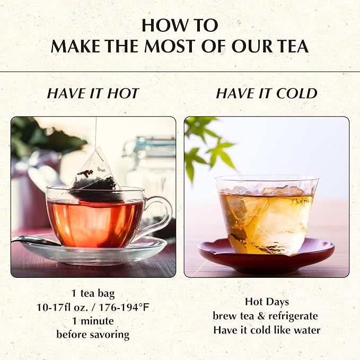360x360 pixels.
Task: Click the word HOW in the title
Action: tap(161, 25)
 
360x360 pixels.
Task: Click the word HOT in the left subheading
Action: tap(124, 93)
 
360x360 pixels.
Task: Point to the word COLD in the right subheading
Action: tap(296, 93)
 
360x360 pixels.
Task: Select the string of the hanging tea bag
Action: tap(96, 132)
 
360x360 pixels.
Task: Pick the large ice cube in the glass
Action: tap(283, 221)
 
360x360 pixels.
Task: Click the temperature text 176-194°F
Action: tap(124, 307)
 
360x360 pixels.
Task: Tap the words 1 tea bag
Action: tap(93, 294)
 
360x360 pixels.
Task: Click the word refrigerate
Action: tap(293, 316)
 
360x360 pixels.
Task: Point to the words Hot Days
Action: tap(267, 302)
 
